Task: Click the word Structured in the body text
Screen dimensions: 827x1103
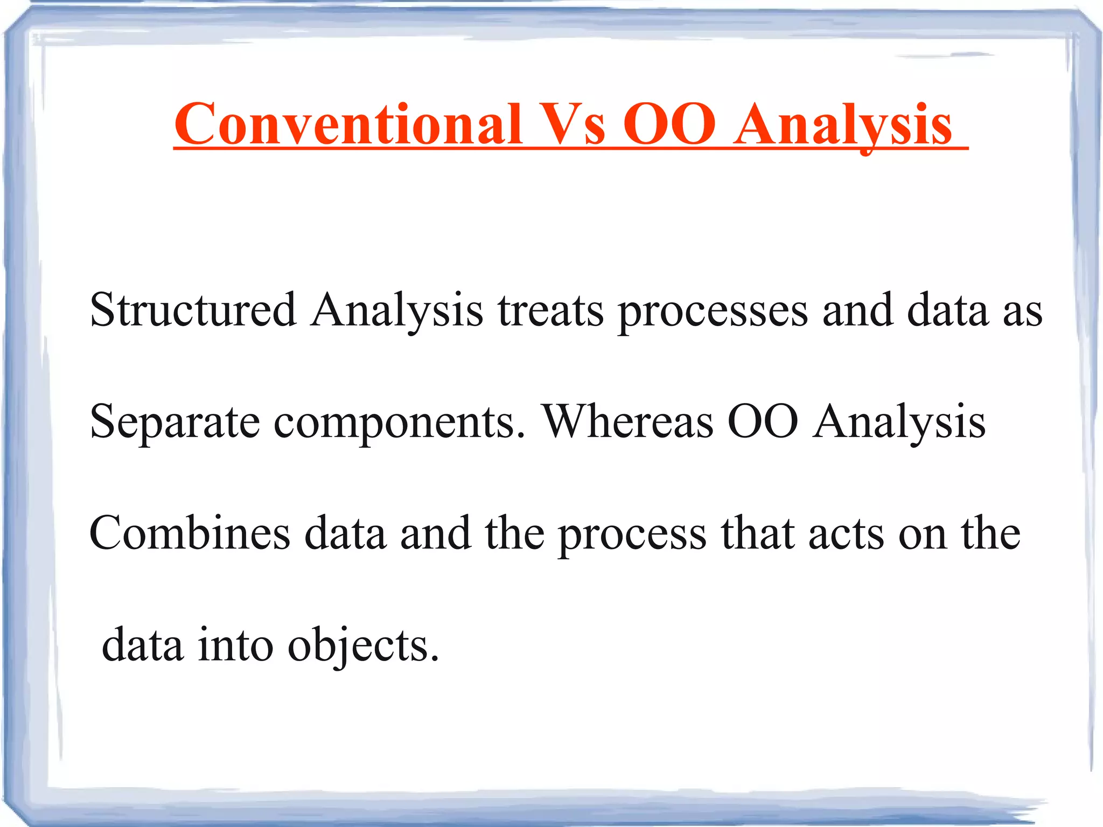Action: pyautogui.click(x=193, y=310)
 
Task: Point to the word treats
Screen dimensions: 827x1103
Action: pyautogui.click(x=550, y=311)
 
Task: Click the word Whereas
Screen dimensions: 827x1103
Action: pyautogui.click(x=628, y=421)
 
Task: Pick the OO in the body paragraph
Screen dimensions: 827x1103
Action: pyautogui.click(x=763, y=421)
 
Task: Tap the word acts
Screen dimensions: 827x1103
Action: pyautogui.click(x=846, y=534)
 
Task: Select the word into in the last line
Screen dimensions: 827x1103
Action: pyautogui.click(x=235, y=645)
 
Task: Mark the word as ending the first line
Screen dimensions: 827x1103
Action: pyautogui.click(x=1022, y=311)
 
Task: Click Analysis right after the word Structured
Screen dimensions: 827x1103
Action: pyautogui.click(x=397, y=311)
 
